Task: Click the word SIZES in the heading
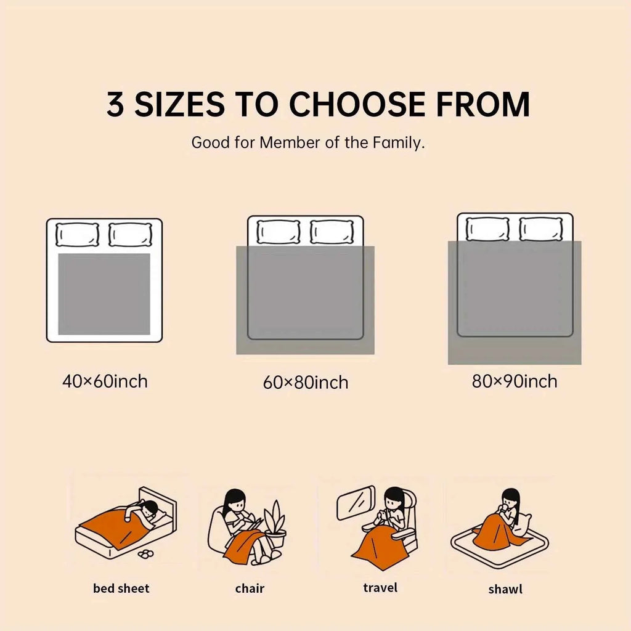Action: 179,104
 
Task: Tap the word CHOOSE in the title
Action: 357,104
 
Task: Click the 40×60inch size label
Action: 105,381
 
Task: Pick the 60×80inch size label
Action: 306,382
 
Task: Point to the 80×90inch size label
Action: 515,381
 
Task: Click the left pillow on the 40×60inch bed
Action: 77,235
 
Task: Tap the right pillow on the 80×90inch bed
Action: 541,229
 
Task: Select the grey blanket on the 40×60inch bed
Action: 104,294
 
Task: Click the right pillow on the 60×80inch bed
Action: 332,232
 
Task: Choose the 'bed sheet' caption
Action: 121,588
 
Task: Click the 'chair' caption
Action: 250,588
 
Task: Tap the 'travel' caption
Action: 380,588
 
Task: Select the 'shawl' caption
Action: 505,589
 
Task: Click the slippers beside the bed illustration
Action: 145,554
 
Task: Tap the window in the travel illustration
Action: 356,503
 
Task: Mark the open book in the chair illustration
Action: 255,524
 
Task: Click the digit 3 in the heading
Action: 115,104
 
